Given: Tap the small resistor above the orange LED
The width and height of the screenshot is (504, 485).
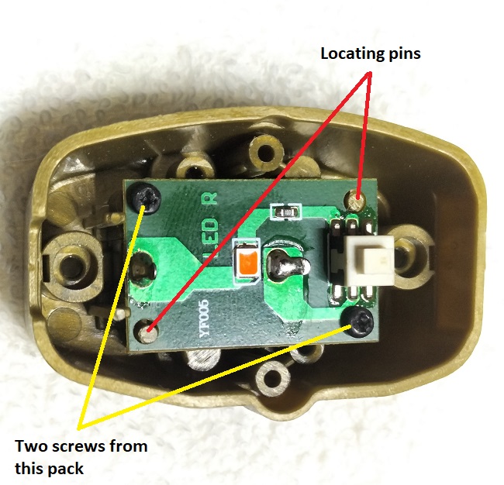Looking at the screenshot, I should click(286, 210).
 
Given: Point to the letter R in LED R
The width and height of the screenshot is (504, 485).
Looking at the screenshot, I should click(209, 198).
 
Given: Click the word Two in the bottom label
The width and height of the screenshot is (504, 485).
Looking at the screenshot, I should click(33, 445).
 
